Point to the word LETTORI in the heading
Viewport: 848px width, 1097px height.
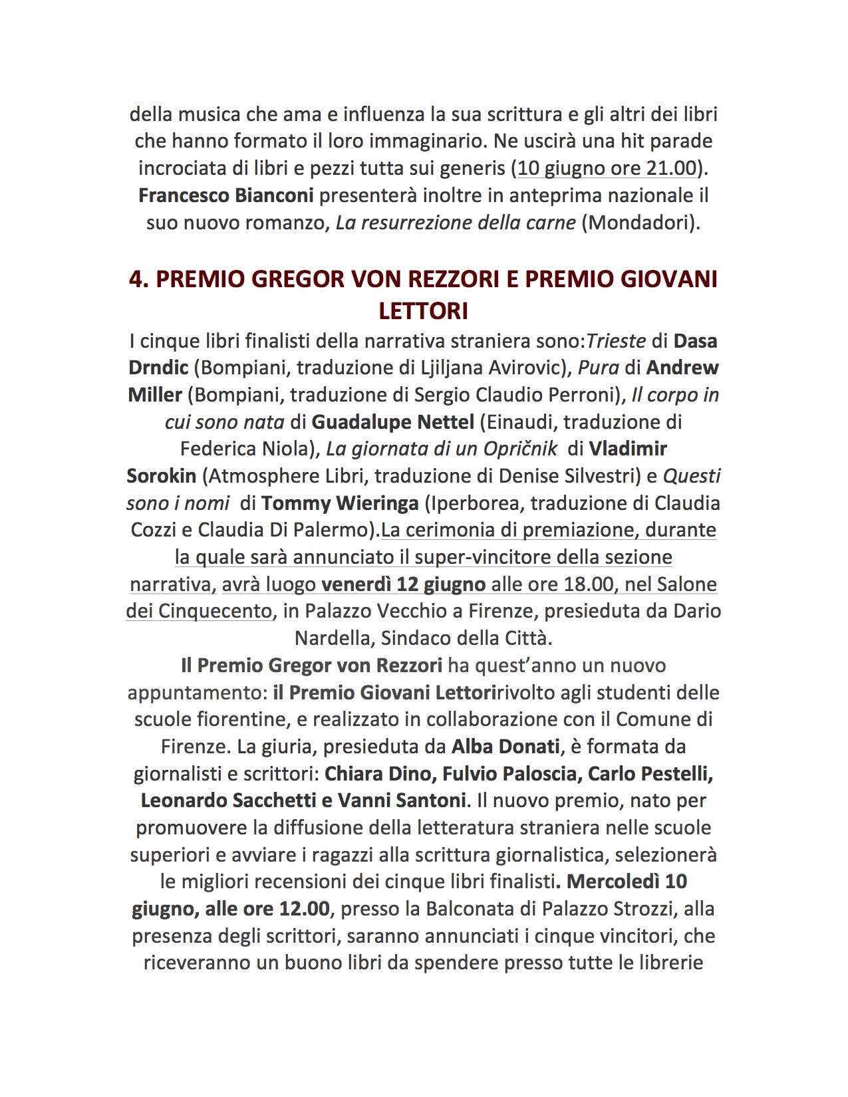[x=423, y=311]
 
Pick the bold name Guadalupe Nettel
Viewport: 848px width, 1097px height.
[x=392, y=422]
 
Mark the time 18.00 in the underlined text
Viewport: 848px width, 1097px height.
[x=602, y=584]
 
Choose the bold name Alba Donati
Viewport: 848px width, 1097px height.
[x=505, y=747]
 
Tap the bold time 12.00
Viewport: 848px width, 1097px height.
[x=299, y=908]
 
